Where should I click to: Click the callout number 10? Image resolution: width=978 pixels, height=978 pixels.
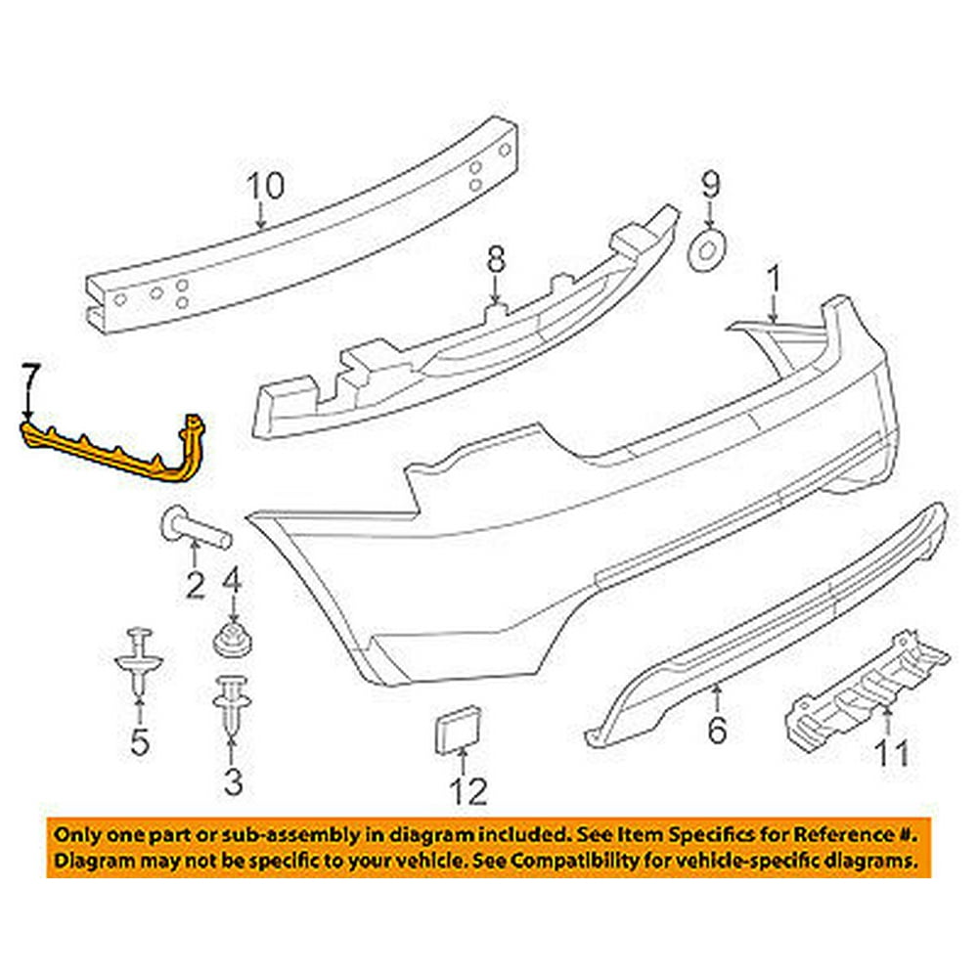pyautogui.click(x=263, y=185)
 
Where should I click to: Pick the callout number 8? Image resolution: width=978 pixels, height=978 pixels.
pyautogui.click(x=497, y=259)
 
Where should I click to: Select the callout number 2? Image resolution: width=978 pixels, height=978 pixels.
pyautogui.click(x=196, y=585)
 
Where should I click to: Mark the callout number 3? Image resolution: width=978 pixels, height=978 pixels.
pyautogui.click(x=232, y=781)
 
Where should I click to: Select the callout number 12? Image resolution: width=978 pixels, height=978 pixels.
pyautogui.click(x=468, y=790)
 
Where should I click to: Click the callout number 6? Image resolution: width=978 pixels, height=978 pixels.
pyautogui.click(x=717, y=730)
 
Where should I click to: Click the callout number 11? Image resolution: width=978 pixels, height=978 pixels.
pyautogui.click(x=890, y=753)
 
